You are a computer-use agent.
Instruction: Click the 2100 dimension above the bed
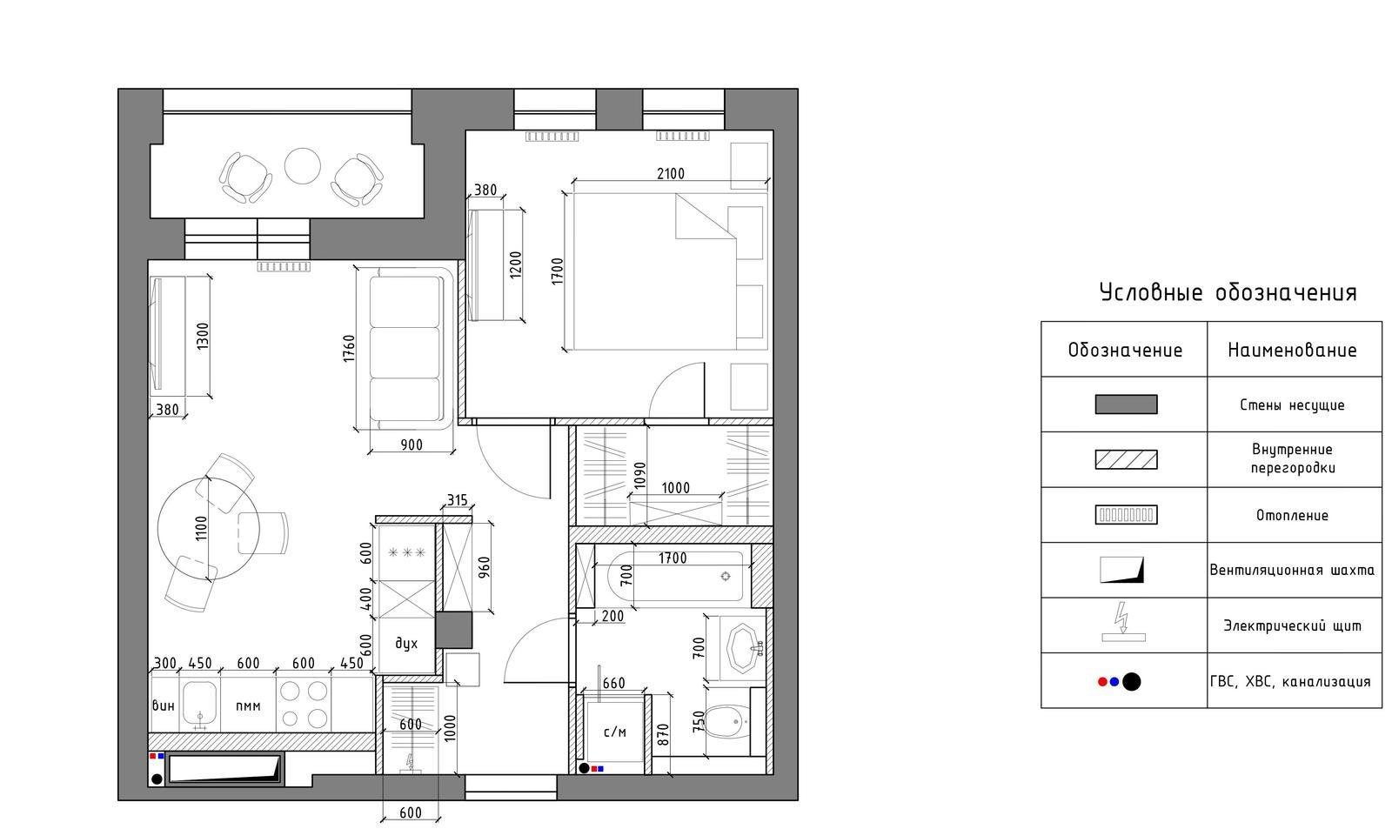[671, 173]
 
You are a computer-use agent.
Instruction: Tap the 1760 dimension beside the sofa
[349, 349]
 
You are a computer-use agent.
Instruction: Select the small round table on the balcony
[303, 166]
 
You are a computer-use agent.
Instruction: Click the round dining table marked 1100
[209, 528]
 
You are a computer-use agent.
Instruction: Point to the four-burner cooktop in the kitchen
[304, 704]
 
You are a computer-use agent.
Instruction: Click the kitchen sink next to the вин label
[200, 705]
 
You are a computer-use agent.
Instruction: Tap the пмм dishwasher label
[248, 706]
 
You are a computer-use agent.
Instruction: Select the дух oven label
[406, 644]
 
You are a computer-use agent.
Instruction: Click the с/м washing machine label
[615, 732]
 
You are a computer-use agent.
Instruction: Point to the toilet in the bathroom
[727, 721]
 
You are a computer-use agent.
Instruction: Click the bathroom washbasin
[743, 649]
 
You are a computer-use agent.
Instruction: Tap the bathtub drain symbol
[726, 577]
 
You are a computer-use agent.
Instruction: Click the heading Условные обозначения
[1228, 292]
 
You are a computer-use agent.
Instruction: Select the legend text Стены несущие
[1292, 405]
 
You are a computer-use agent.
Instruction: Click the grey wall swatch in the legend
[1126, 404]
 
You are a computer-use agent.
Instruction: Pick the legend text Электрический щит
[1293, 625]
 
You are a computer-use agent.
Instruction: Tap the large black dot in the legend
[1132, 682]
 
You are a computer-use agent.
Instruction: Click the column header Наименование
[1292, 350]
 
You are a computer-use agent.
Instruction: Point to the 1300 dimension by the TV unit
[203, 336]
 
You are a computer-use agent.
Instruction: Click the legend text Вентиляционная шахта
[1292, 570]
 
